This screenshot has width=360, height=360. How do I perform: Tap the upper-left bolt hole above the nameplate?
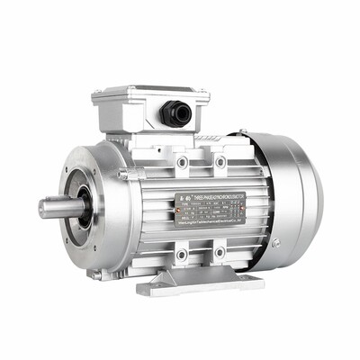(x=183, y=163)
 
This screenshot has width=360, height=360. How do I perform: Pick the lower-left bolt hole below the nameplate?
(x=182, y=254)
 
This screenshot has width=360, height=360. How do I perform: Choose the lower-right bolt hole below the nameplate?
(x=220, y=252)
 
